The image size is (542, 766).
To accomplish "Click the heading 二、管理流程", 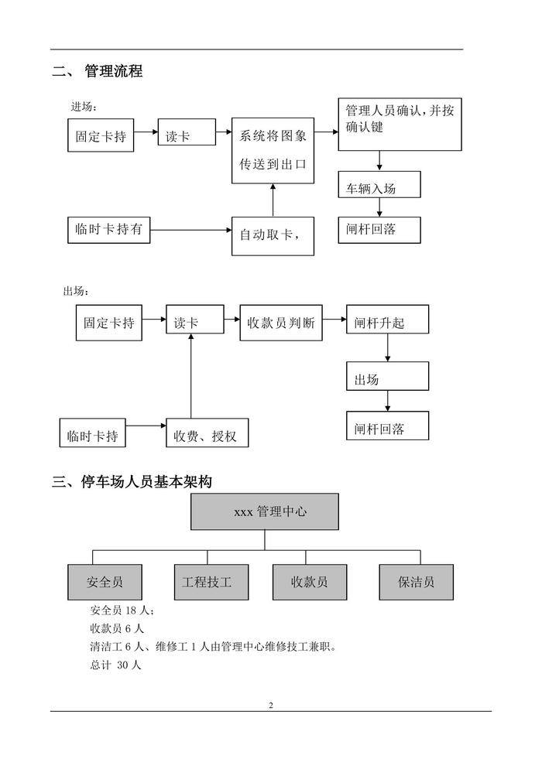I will pos(97,72).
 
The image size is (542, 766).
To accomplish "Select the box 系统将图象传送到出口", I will pos(273,151).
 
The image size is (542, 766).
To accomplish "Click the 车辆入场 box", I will pos(379,186).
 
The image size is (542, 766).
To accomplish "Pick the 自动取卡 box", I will pos(273,234).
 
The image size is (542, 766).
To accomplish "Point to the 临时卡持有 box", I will pos(108,230).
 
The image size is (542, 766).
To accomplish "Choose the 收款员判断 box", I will pos(280,323).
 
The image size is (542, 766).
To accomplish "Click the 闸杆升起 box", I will pos(387,323).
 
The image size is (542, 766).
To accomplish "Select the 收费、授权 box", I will pos(208,436).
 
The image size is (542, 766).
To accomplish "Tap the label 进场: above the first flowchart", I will pos(84,106).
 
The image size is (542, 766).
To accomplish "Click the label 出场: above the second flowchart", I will pos(76,291).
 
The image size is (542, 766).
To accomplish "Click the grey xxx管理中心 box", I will pos(265,511).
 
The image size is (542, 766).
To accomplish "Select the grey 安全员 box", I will pos(105,581).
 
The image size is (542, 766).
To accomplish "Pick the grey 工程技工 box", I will pos(207,581).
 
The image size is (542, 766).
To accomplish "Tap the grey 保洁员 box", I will pos(416,581).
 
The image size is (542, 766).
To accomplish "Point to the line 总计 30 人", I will pos(115,665).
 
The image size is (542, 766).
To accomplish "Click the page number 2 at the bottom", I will pos(270,705).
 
